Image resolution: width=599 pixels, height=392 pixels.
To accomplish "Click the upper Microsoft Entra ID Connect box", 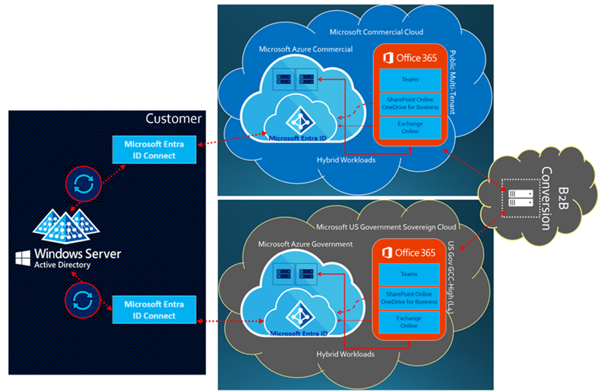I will click(x=149, y=149).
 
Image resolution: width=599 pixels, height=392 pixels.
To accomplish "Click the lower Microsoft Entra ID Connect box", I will click(x=149, y=310).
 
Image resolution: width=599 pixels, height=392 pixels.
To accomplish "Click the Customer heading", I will click(x=173, y=118).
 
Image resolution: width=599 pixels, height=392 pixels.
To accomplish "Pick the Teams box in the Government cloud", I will click(x=409, y=274).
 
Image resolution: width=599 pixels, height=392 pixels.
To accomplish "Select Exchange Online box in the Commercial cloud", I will click(x=409, y=127).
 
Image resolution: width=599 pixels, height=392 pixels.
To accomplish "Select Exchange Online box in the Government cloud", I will click(x=409, y=322).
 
